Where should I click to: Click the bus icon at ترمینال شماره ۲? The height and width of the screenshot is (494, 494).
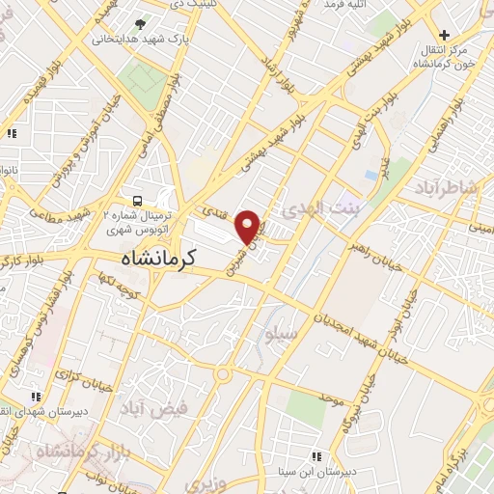[137, 201]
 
